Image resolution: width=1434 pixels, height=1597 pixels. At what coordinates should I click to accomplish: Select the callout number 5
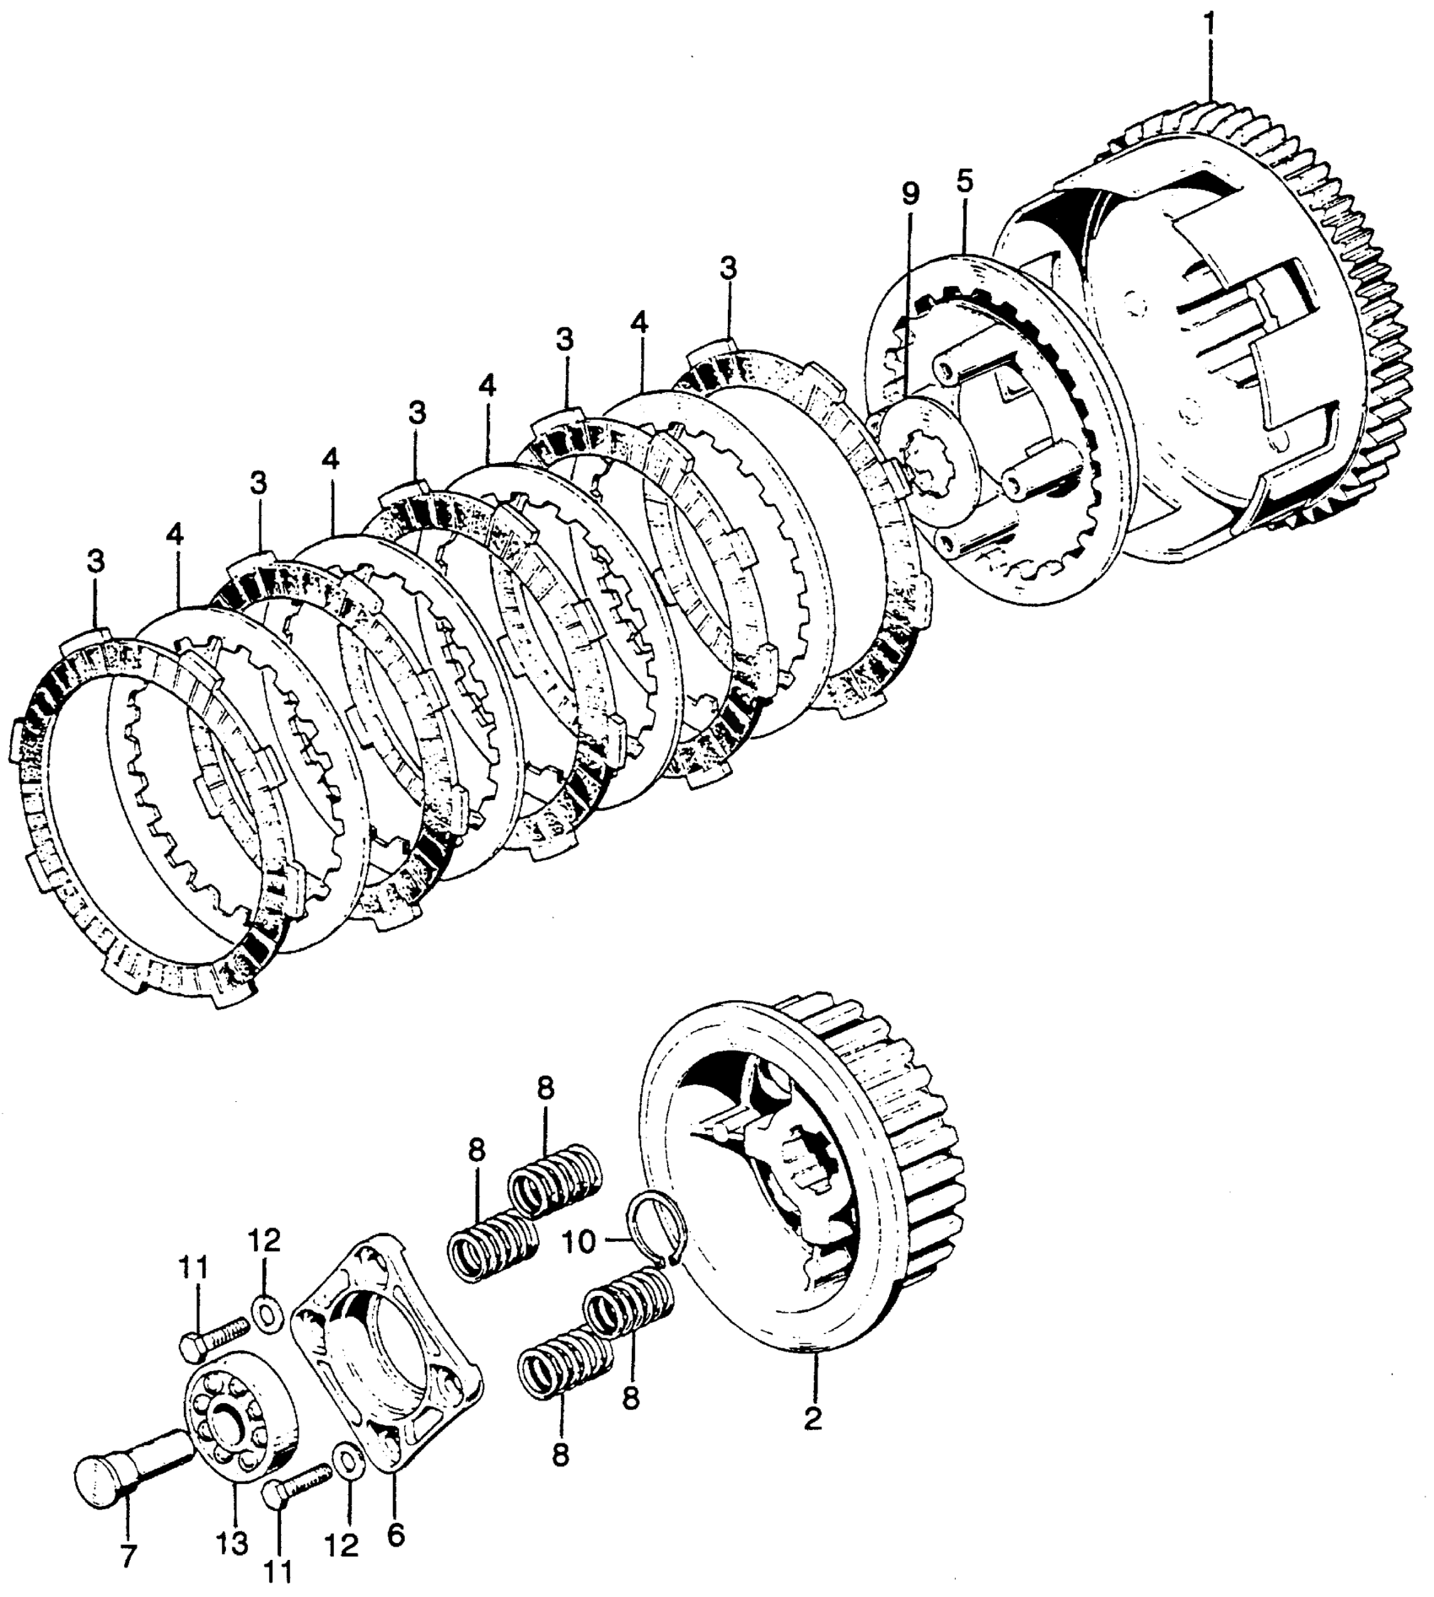coord(965,181)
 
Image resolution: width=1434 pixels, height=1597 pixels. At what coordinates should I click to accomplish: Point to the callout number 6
coord(395,1535)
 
